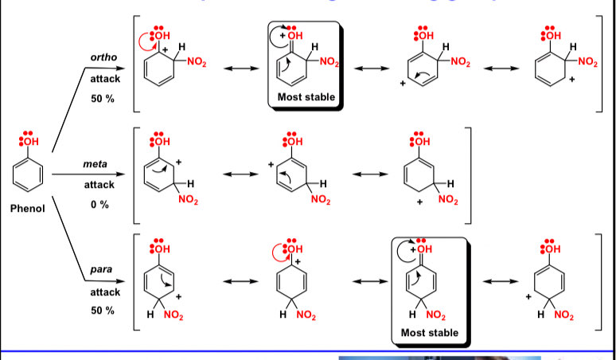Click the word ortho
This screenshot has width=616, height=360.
(104, 57)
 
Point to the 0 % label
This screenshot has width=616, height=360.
(100, 205)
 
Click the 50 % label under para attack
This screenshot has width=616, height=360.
(102, 310)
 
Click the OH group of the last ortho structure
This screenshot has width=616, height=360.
(549, 36)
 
